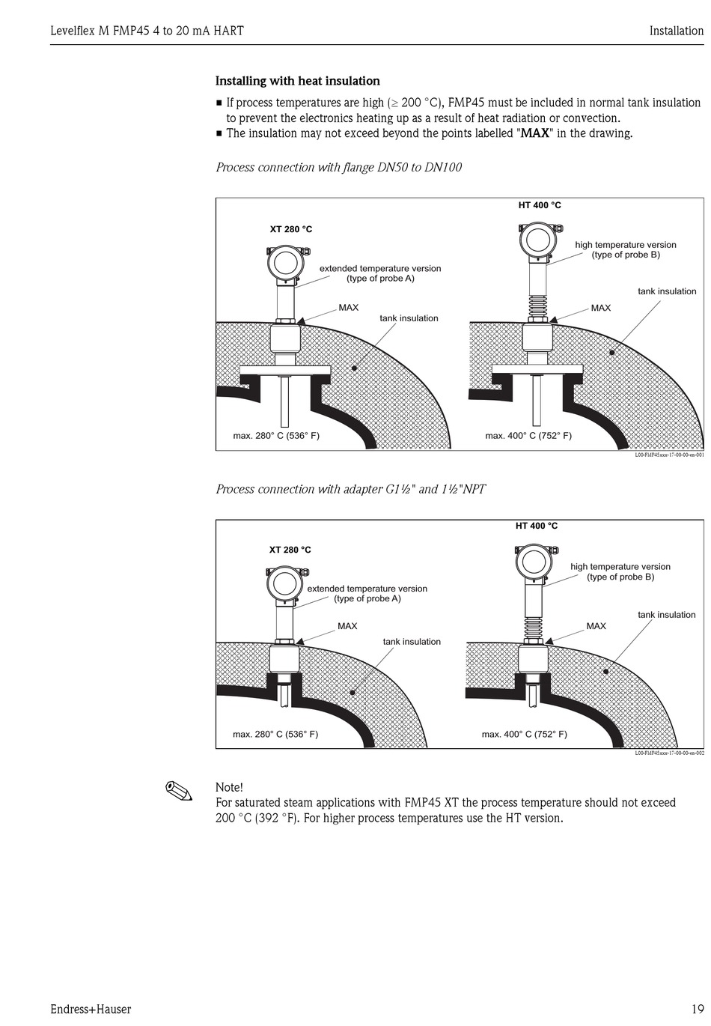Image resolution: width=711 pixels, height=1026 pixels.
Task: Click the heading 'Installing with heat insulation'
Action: pos(297,81)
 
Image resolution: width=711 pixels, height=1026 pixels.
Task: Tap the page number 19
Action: pos(697,1009)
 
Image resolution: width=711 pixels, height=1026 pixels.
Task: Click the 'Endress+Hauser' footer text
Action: pos(91,1009)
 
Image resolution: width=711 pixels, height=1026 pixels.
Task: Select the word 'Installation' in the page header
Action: pos(676,31)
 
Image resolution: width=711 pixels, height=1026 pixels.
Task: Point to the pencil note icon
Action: pos(179,790)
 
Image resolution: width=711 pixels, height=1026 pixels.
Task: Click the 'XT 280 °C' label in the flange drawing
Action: pos(291,229)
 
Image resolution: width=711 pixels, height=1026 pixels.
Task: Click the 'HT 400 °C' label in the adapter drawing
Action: pos(537,526)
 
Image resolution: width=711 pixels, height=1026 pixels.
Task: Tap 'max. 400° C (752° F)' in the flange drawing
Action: pos(528,436)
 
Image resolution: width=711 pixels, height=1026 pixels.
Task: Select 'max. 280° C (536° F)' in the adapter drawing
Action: pos(275,734)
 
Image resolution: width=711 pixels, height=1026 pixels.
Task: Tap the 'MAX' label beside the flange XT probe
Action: pos(348,308)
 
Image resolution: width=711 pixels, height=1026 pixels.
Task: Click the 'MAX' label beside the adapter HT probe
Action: pos(596,626)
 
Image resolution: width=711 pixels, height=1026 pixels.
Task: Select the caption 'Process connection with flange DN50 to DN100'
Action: pos(338,167)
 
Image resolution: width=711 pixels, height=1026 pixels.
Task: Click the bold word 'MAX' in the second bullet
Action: pos(535,133)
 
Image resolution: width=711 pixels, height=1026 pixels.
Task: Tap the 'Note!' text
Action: pos(229,787)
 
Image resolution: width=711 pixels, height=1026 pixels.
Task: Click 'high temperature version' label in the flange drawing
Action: pos(625,245)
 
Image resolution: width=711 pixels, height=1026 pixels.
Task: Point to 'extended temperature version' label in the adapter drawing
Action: pos(367,589)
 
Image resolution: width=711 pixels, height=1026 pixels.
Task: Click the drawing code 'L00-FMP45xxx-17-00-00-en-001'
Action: pos(669,455)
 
